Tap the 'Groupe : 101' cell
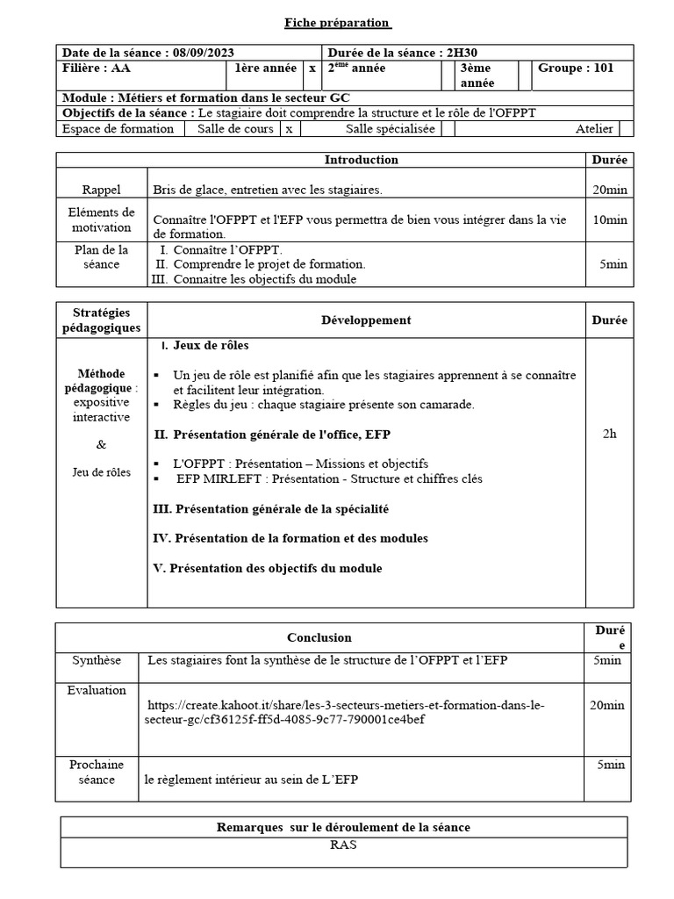tap(576, 68)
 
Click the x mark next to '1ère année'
tap(312, 68)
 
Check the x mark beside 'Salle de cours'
tap(289, 129)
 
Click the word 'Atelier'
tap(594, 129)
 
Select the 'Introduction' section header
tap(361, 160)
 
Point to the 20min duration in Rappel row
tap(609, 190)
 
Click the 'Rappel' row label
tap(102, 190)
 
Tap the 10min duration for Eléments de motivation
tap(609, 219)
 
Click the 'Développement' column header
tap(366, 320)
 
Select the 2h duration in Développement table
tap(609, 434)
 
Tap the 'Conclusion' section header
tap(319, 637)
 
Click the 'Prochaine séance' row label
tap(97, 772)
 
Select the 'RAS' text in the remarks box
tap(343, 845)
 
